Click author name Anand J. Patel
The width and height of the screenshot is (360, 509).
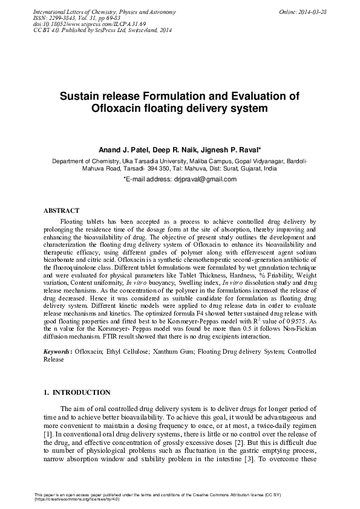(123, 149)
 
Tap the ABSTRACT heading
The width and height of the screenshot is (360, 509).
(61, 210)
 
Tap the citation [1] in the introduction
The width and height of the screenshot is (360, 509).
(48, 435)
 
